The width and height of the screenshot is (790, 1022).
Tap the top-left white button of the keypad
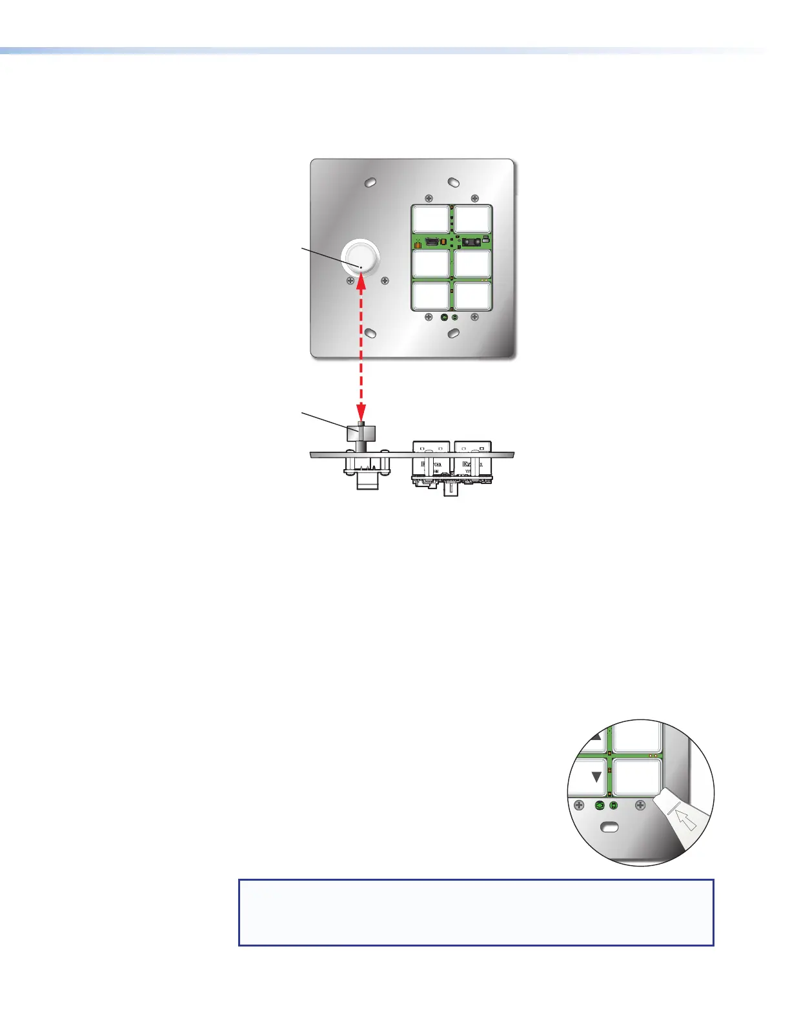pos(431,219)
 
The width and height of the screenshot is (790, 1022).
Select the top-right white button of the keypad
pos(473,219)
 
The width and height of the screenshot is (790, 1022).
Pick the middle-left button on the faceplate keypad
pos(431,263)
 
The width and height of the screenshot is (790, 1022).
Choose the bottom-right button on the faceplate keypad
pos(473,296)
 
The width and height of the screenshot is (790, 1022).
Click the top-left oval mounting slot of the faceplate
pos(370,183)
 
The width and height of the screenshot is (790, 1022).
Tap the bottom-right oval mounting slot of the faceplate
pos(454,332)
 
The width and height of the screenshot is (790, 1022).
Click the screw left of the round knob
pos(351,281)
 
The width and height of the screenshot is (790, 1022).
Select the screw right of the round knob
pos(385,281)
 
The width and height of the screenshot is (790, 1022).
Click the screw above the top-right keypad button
pos(474,198)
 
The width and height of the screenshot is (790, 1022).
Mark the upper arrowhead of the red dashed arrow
pos(361,279)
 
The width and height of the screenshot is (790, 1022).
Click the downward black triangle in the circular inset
pos(596,777)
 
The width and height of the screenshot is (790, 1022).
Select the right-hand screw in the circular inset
pos(640,805)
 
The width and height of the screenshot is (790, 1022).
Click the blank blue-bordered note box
pos(476,912)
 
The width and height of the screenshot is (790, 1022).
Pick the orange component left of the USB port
pos(418,245)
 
